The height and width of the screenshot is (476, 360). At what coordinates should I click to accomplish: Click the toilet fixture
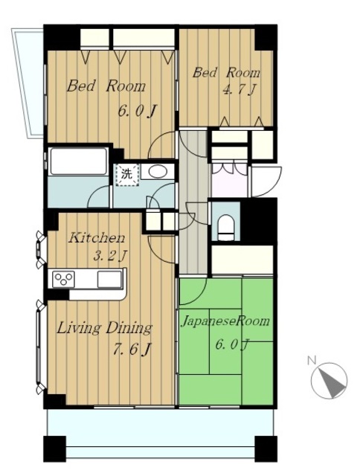click(226, 228)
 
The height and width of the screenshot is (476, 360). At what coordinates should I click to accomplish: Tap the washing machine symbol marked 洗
click(127, 174)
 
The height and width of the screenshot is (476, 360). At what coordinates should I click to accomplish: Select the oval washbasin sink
click(158, 172)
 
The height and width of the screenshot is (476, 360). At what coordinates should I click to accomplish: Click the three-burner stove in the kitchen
click(63, 279)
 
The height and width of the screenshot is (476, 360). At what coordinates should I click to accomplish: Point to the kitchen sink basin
click(109, 279)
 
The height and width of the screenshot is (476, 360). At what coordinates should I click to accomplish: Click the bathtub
click(78, 161)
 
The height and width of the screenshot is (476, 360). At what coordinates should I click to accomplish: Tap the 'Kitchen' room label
click(97, 238)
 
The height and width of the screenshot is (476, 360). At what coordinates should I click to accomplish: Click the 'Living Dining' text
click(104, 329)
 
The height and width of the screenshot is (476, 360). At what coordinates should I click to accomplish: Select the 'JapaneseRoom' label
click(225, 321)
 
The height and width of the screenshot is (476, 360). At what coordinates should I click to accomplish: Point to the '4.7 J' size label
click(240, 90)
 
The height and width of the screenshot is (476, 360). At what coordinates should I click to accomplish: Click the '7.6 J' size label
click(132, 350)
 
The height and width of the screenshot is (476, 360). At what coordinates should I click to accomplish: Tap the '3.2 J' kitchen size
click(109, 256)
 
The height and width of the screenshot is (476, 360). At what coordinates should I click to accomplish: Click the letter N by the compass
click(312, 360)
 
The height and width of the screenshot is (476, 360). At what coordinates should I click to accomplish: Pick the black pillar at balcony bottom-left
click(54, 448)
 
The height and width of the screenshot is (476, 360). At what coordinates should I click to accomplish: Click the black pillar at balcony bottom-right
click(266, 448)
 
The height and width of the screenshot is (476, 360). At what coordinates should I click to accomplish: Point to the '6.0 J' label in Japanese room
click(232, 344)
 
